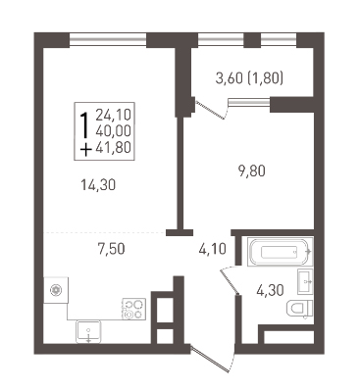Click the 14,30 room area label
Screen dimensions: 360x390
pyautogui.click(x=98, y=185)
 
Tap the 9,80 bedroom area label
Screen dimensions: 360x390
pyautogui.click(x=252, y=171)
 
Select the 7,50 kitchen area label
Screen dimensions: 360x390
pyautogui.click(x=111, y=249)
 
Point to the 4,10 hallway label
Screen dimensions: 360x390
pyautogui.click(x=213, y=250)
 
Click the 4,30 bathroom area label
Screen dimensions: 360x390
pyautogui.click(x=270, y=290)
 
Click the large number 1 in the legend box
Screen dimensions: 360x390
pyautogui.click(x=84, y=125)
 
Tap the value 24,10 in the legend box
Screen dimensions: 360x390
pyautogui.click(x=113, y=115)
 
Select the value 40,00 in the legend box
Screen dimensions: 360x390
pyautogui.click(x=113, y=131)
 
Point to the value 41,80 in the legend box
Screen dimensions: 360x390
pyautogui.click(x=113, y=148)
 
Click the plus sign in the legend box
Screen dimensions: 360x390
pyautogui.click(x=85, y=150)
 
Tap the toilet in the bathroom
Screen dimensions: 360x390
pyautogui.click(x=299, y=309)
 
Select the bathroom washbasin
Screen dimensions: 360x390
pyautogui.click(x=305, y=281)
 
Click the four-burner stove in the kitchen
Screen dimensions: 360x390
pyautogui.click(x=133, y=309)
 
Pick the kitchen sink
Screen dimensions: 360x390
pyautogui.click(x=88, y=332)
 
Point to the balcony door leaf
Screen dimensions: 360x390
pyautogui.click(x=210, y=110)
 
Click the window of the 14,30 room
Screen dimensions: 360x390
pyautogui.click(x=108, y=40)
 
